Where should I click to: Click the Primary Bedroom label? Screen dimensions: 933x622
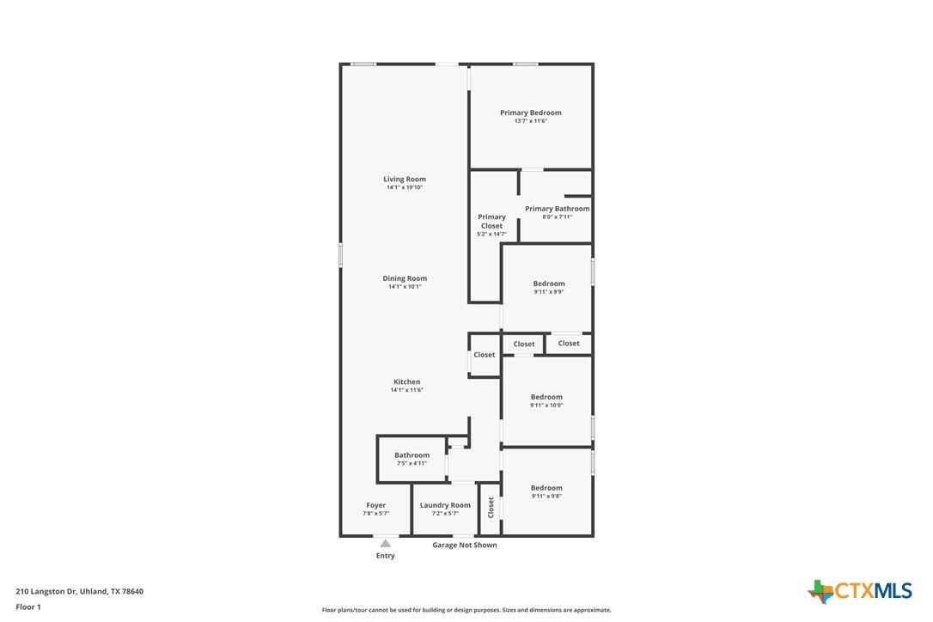point(530,113)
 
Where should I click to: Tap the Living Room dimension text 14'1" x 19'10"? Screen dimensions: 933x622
point(405,187)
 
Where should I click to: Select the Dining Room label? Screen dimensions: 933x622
point(405,278)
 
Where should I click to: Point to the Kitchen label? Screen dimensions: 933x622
point(407,381)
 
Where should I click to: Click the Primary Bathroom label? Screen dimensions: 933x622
point(557,209)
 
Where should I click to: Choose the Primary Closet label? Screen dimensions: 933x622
point(491,222)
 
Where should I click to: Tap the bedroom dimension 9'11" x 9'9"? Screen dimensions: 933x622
point(549,292)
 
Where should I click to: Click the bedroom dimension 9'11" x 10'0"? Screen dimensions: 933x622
point(546,406)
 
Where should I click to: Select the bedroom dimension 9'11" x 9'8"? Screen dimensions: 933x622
point(546,496)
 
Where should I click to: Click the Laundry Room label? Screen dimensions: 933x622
point(445,505)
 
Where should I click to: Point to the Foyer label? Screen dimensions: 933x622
point(376,505)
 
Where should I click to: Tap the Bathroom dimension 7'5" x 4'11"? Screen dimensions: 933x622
point(412,463)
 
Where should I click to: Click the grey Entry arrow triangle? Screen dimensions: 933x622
point(386,544)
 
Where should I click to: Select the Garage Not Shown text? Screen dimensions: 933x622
point(464,545)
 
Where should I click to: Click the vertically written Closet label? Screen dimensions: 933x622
point(491,508)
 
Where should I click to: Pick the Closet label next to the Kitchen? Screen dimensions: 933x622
point(485,355)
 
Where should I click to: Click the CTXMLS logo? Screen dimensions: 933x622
point(860,591)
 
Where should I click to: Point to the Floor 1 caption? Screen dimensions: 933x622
point(28,607)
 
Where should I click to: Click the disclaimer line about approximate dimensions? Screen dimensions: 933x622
point(466,610)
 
